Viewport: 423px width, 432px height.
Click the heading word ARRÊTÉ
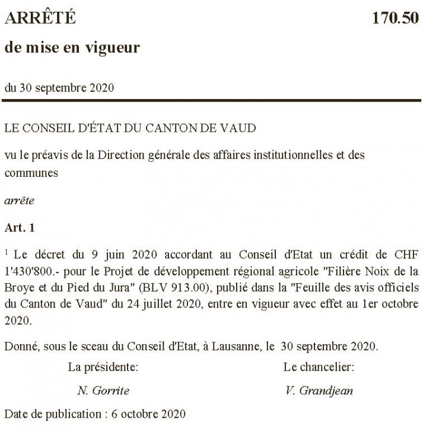[40, 19]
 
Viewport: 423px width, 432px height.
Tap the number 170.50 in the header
[395, 19]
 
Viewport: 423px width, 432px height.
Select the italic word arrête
[19, 201]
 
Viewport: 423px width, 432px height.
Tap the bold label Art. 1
[20, 228]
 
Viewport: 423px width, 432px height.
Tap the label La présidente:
[103, 367]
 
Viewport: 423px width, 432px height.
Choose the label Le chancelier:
[319, 367]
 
